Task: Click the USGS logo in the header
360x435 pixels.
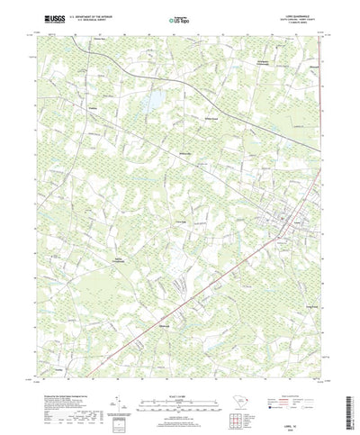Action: point(46,17)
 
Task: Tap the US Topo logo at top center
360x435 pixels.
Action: point(178,18)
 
